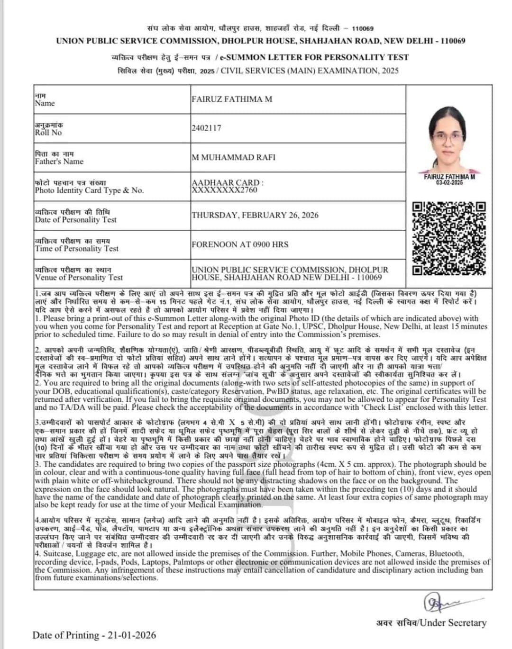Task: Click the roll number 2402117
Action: [206, 128]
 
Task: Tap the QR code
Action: [449, 239]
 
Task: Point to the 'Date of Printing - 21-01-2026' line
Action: [94, 635]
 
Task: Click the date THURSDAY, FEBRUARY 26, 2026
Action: [255, 215]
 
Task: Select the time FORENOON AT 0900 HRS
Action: [240, 244]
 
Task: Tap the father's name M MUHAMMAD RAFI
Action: [233, 157]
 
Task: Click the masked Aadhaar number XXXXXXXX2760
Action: [224, 190]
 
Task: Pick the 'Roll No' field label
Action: [48, 133]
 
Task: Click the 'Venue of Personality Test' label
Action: [79, 278]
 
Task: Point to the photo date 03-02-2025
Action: [449, 183]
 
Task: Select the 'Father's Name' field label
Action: [59, 162]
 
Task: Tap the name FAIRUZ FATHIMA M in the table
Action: [232, 99]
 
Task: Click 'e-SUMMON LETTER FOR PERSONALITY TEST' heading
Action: [313, 57]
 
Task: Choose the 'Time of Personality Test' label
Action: [77, 249]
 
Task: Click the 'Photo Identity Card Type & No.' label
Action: [89, 190]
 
